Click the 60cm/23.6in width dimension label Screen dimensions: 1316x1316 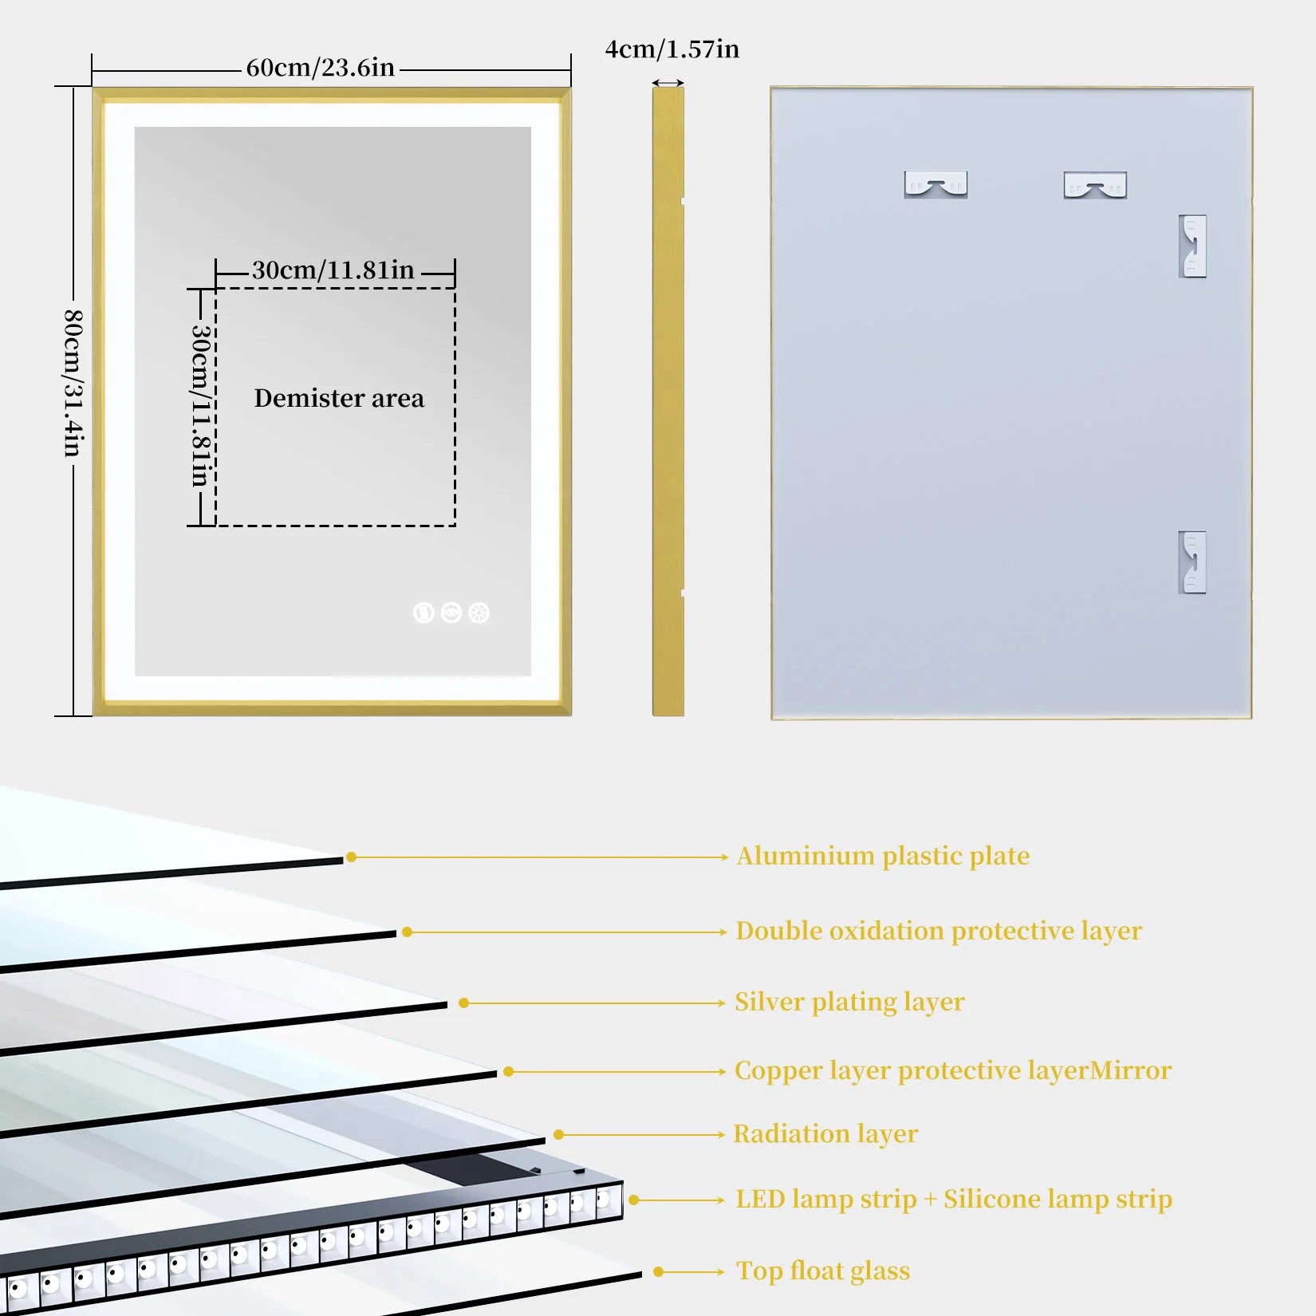(x=320, y=68)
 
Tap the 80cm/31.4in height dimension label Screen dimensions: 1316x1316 (x=73, y=383)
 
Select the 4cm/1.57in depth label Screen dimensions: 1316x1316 (x=672, y=49)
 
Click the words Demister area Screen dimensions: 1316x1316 (x=339, y=398)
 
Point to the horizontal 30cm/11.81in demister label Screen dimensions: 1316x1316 (x=333, y=270)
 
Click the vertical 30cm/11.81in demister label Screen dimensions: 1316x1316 (x=200, y=405)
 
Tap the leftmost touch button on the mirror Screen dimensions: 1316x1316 (x=424, y=613)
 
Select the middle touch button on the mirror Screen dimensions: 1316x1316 (x=451, y=613)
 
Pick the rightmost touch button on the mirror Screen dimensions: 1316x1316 (x=479, y=613)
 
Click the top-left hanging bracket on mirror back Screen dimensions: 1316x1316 (x=936, y=184)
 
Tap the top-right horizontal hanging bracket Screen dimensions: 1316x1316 (x=1095, y=185)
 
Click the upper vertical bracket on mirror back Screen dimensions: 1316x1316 (x=1192, y=246)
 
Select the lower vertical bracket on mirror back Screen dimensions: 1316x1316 (x=1192, y=562)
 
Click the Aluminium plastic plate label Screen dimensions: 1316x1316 (x=882, y=856)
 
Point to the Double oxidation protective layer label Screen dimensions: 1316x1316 (x=938, y=931)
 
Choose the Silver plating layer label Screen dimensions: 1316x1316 (x=849, y=1002)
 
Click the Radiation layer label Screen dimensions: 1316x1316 (x=825, y=1133)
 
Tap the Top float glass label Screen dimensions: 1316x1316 (x=822, y=1271)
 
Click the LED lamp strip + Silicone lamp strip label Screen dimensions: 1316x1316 (x=953, y=1199)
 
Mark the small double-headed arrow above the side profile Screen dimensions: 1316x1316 (x=668, y=83)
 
